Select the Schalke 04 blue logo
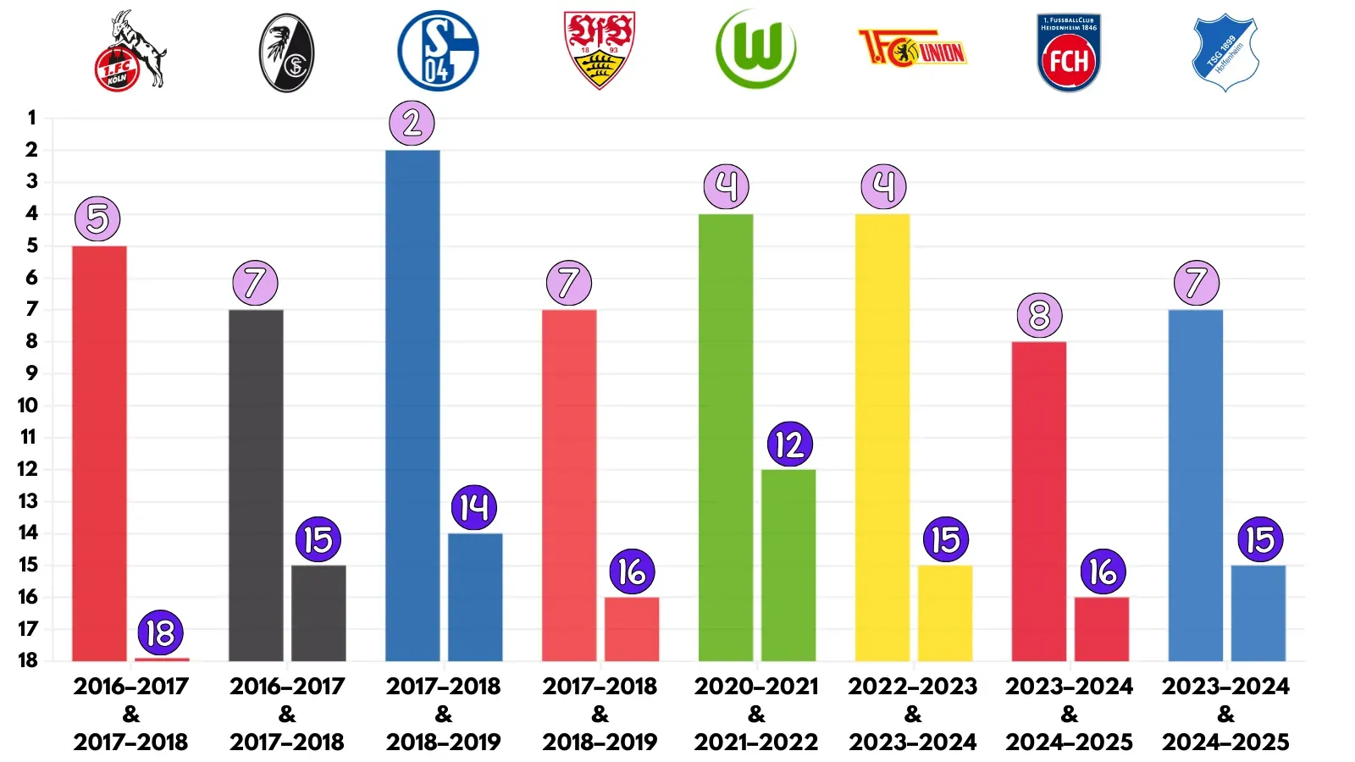tap(438, 51)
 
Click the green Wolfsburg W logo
tap(756, 49)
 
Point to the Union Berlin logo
tap(912, 48)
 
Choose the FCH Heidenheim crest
tap(1069, 52)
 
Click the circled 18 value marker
tap(160, 633)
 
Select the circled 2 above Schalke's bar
tap(412, 124)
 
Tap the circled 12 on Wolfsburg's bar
tap(789, 444)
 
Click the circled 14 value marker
tap(474, 508)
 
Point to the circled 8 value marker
tap(1039, 316)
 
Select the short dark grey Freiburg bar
tap(318, 613)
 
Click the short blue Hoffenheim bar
tap(1258, 613)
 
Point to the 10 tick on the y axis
tap(28, 406)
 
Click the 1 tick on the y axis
tap(32, 118)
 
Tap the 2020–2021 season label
tap(756, 687)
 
